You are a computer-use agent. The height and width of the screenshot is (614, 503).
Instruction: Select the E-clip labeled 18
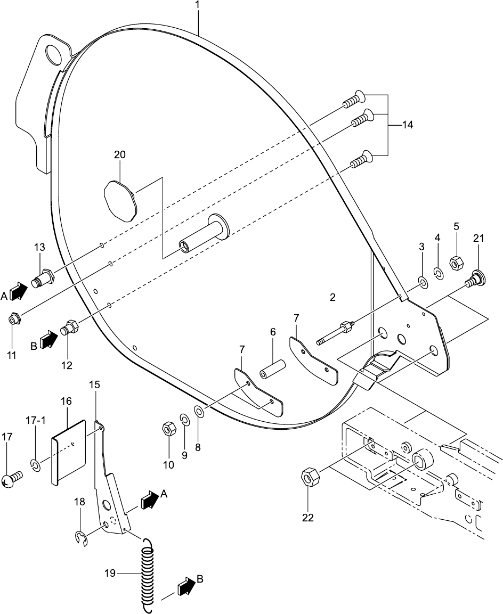click(x=80, y=538)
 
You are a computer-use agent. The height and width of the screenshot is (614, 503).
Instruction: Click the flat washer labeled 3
click(x=422, y=281)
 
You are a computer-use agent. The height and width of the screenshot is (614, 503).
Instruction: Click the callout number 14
click(x=407, y=125)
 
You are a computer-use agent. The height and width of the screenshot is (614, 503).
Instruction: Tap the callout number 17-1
click(x=36, y=421)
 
